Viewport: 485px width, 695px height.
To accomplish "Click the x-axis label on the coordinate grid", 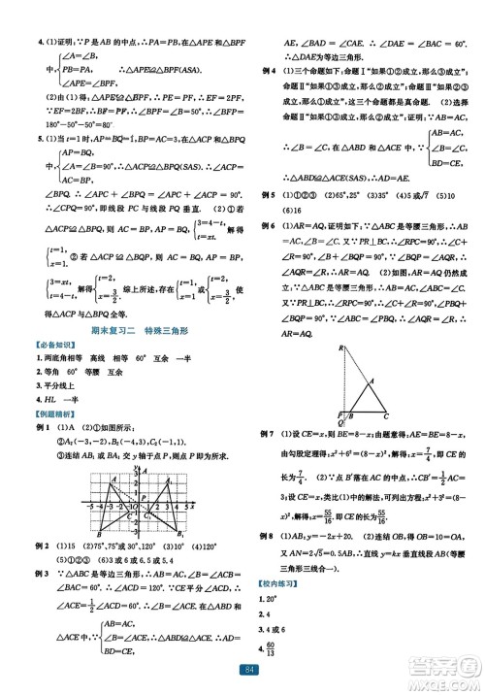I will [193, 506].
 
